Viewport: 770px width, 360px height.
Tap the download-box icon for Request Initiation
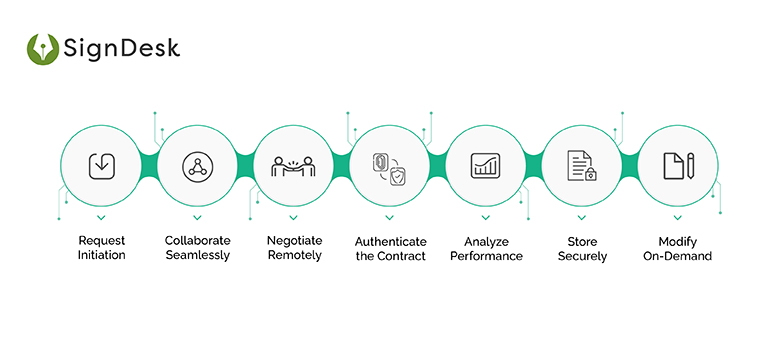point(101,166)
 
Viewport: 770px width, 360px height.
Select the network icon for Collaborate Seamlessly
point(197,166)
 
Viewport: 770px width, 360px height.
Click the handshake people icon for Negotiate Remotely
point(293,166)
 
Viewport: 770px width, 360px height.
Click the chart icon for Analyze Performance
point(486,166)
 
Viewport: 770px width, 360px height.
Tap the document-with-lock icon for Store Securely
point(581,166)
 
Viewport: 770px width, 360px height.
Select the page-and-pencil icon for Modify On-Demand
point(677,166)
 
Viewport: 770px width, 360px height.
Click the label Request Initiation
point(101,248)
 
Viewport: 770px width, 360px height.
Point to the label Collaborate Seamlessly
point(197,248)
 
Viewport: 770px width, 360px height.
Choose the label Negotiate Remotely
point(294,248)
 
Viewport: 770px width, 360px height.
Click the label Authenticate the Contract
point(390,248)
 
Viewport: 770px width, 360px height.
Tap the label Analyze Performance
point(486,248)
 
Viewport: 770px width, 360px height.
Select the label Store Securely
point(581,248)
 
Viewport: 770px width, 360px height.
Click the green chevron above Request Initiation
point(101,216)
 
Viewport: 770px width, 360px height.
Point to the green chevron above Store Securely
point(581,216)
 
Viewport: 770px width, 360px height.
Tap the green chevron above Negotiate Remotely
point(293,216)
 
